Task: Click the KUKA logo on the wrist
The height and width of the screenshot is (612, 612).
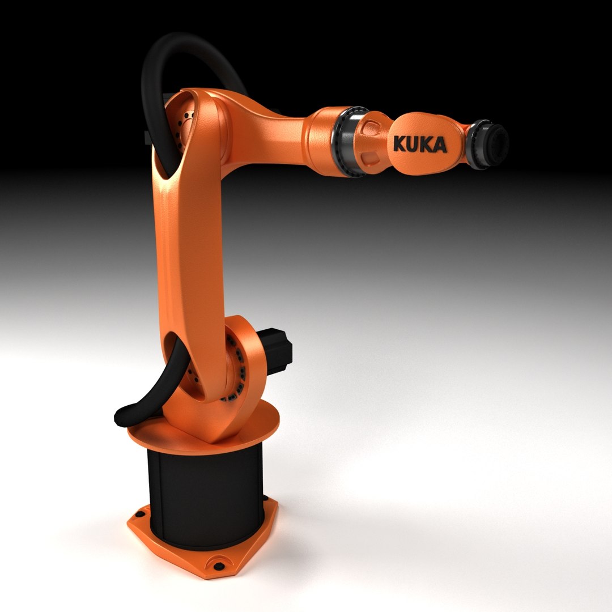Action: point(419,144)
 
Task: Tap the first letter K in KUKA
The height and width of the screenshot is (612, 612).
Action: point(399,144)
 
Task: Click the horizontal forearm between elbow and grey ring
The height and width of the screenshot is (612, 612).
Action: point(272,133)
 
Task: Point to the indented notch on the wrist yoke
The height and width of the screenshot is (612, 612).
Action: point(371,156)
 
